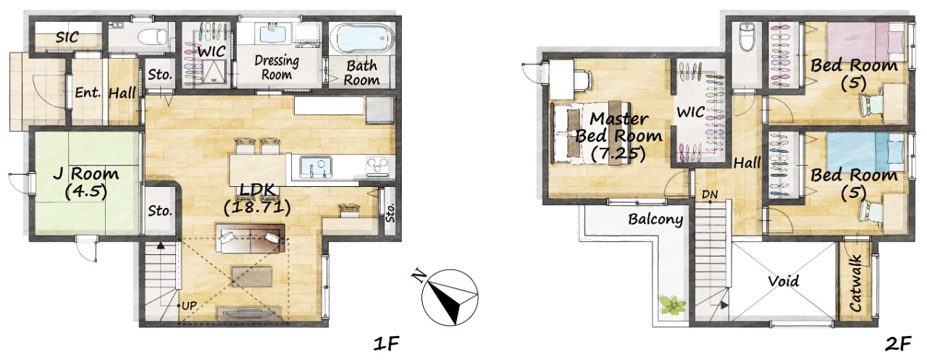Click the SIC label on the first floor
67,37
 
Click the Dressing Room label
277,67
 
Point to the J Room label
86,183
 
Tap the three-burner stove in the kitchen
377,167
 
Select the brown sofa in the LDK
251,238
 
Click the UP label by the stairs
189,306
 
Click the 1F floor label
386,344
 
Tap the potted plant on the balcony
673,306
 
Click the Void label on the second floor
784,281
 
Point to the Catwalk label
855,283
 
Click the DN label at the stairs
710,194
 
